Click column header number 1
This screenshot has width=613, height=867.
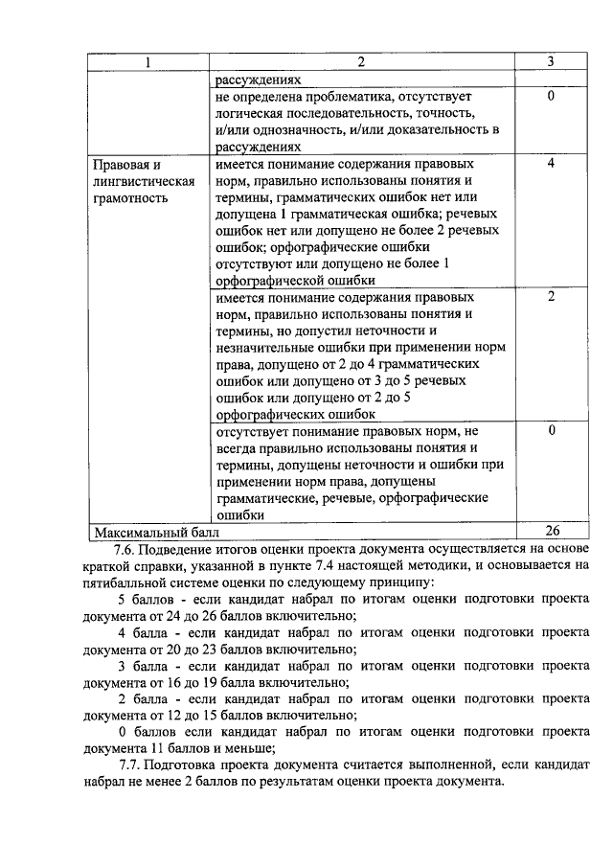coord(148,62)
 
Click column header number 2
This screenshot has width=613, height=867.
coord(361,62)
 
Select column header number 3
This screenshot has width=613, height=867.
coord(550,62)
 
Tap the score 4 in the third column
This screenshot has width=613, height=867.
coord(551,164)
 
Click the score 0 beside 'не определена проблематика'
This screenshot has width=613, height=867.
coord(551,97)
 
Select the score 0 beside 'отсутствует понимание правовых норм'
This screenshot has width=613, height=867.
coord(551,430)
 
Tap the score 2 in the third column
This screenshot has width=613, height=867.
coord(551,297)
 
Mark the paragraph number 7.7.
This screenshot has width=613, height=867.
coord(134,764)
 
